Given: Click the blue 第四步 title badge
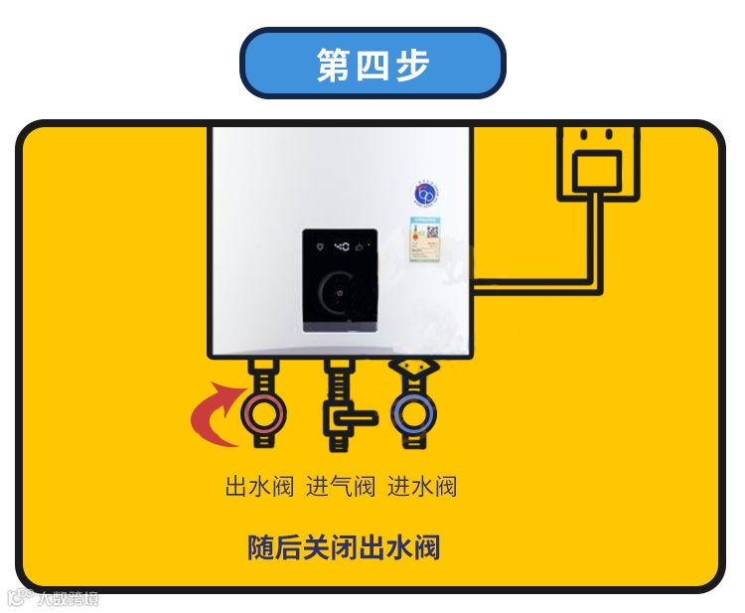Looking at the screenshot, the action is click(372, 64).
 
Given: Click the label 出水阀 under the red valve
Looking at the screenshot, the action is click(260, 487).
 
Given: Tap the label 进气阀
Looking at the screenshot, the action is click(341, 487).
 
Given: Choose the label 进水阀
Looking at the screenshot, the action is click(422, 487).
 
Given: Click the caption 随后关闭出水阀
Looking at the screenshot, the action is click(344, 547).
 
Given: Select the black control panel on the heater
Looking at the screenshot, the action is click(340, 279).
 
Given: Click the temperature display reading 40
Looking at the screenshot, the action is click(340, 244).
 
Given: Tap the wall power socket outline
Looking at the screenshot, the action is click(597, 163).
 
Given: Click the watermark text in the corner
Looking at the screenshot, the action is click(56, 598).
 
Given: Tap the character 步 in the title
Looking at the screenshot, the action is click(413, 64).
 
